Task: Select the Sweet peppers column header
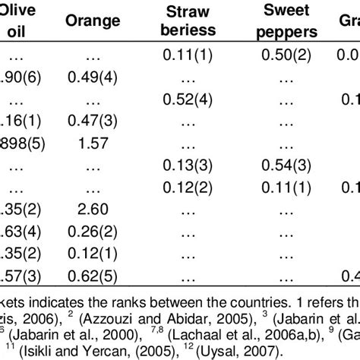[x=291, y=22]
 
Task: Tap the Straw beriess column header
[x=192, y=22]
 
